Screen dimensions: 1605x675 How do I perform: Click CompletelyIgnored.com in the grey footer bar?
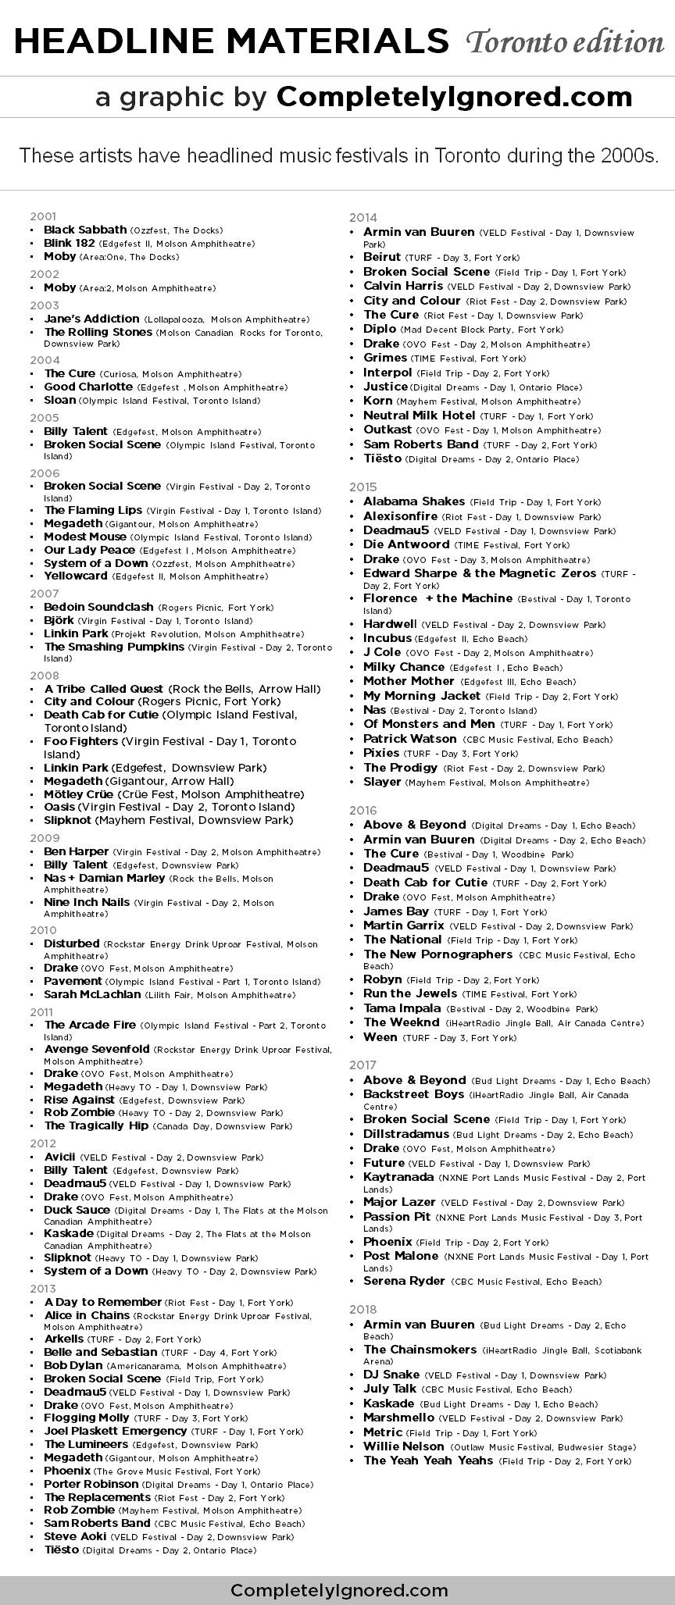[x=339, y=1590]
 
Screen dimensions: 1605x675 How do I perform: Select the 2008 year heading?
[x=44, y=675]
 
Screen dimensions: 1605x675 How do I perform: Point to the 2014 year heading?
[x=363, y=218]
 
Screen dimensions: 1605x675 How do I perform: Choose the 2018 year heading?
[x=363, y=1309]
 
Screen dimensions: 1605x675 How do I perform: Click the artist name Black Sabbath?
[x=85, y=230]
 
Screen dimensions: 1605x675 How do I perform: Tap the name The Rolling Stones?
[x=98, y=332]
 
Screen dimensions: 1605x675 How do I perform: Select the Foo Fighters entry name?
[x=80, y=741]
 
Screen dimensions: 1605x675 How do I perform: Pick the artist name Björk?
[x=59, y=620]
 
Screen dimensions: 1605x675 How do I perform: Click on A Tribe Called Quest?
[x=104, y=689]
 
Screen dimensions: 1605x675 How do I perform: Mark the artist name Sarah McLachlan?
[x=92, y=994]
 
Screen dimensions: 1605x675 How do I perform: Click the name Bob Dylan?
[x=73, y=1365]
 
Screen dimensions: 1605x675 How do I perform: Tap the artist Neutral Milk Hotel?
[x=419, y=416]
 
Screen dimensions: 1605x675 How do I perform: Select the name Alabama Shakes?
[x=413, y=501]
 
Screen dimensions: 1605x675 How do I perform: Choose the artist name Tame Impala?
[x=402, y=1008]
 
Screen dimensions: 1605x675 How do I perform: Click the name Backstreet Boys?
[x=413, y=1094]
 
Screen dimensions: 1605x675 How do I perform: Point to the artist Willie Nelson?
[x=403, y=1446]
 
